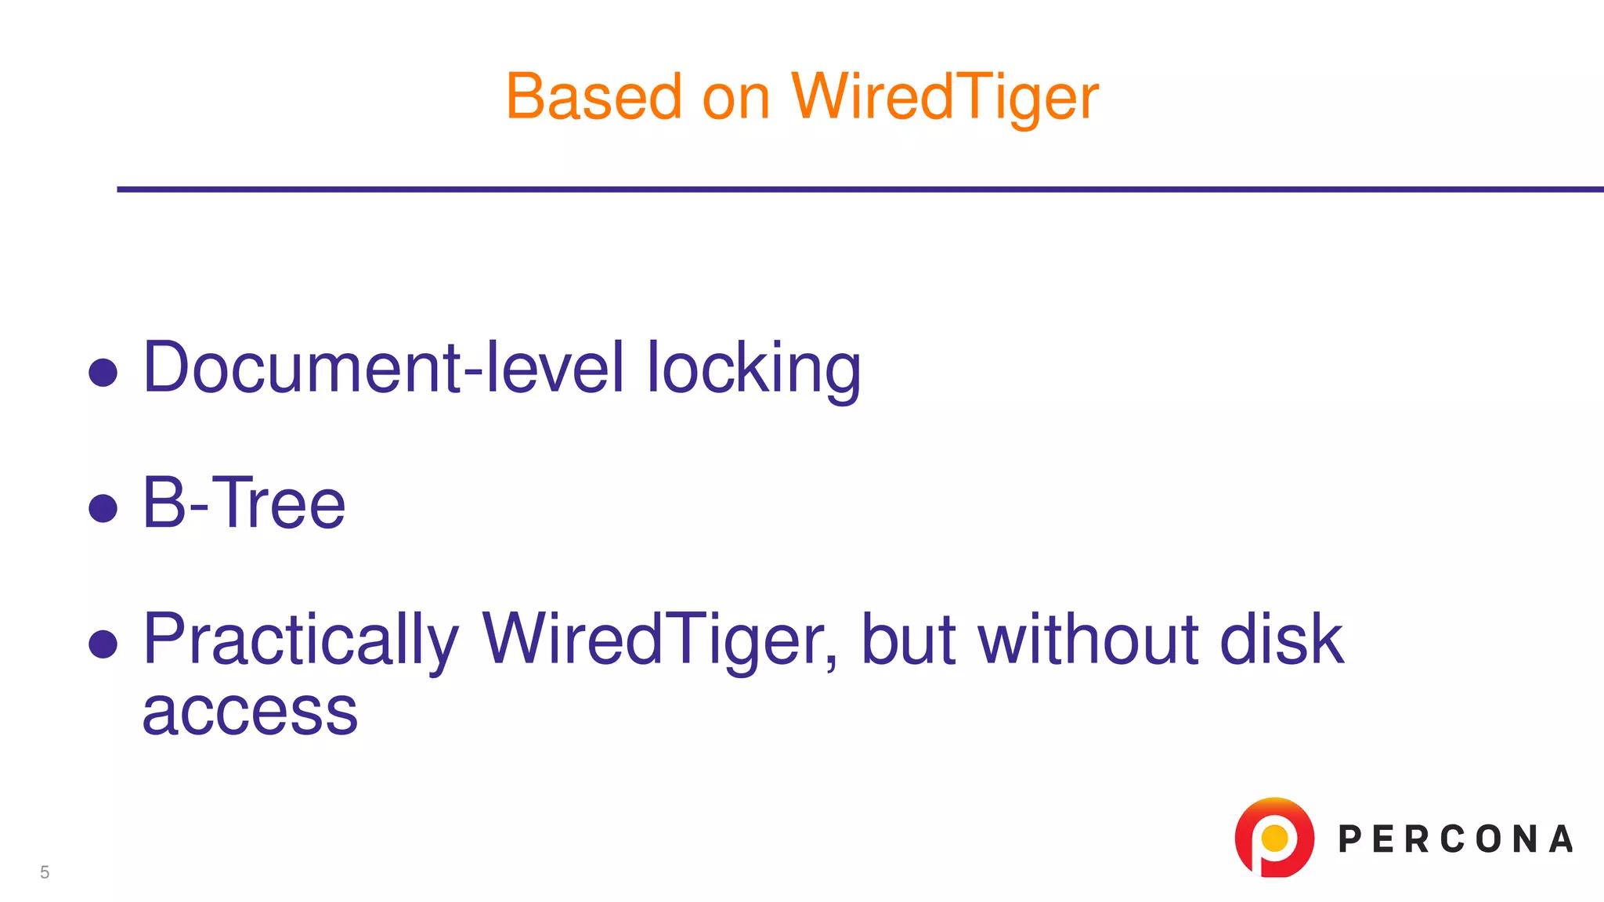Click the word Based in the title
click(594, 97)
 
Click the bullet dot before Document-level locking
click(103, 372)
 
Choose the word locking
click(753, 370)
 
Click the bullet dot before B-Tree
click(103, 507)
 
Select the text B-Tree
click(244, 503)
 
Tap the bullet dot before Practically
click(103, 644)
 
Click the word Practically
click(301, 640)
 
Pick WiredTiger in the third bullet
click(659, 640)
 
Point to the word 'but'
click(909, 640)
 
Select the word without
click(1089, 640)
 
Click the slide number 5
click(45, 872)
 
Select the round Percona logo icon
click(1274, 837)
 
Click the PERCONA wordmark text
click(1455, 839)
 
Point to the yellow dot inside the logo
click(1275, 838)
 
